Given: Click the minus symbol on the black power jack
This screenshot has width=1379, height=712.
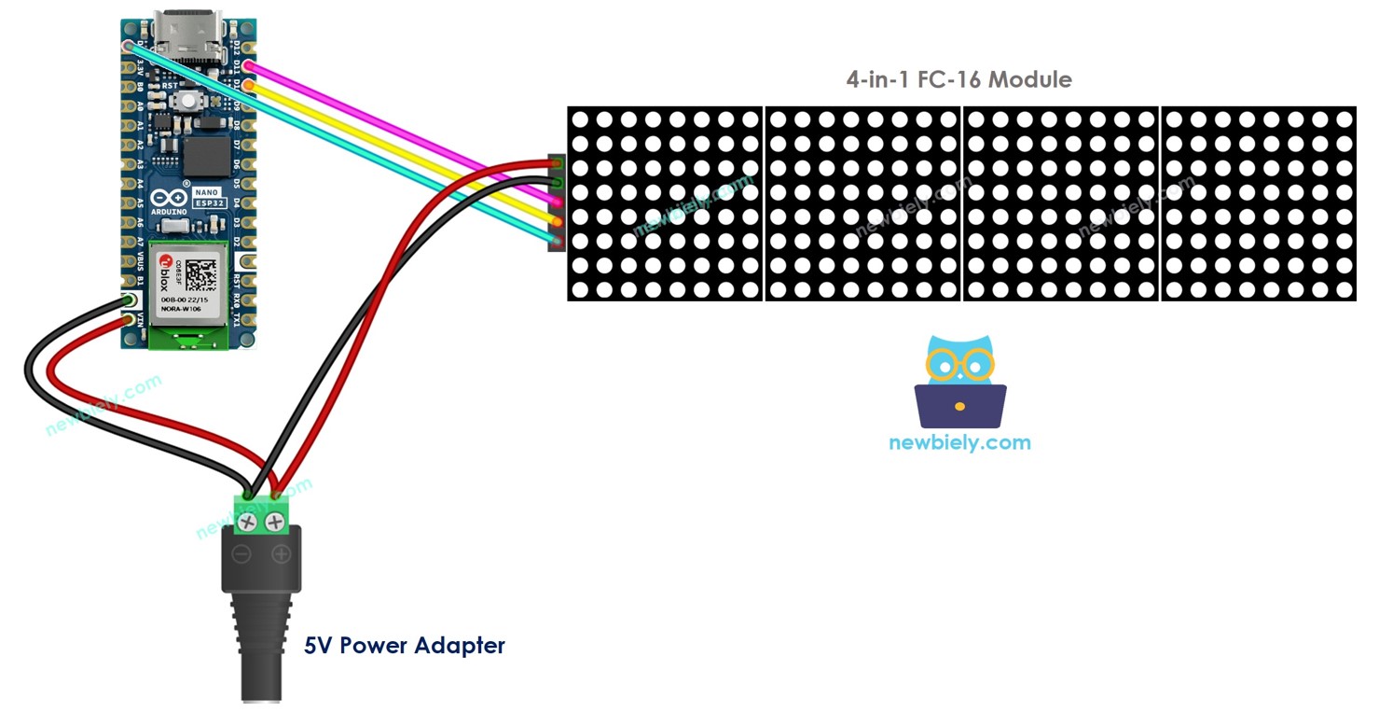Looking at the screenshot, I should click(241, 555).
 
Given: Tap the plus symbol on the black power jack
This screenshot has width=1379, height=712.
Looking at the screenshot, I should click(281, 555).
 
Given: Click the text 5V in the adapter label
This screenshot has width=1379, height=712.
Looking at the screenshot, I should click(319, 645).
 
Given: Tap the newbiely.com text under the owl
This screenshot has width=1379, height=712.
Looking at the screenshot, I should click(959, 441).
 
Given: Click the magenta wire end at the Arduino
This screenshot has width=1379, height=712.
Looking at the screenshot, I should click(247, 65).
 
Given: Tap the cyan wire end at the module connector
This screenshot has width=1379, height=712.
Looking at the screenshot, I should click(557, 242).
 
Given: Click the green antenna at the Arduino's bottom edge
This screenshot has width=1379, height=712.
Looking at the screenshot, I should click(189, 338).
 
